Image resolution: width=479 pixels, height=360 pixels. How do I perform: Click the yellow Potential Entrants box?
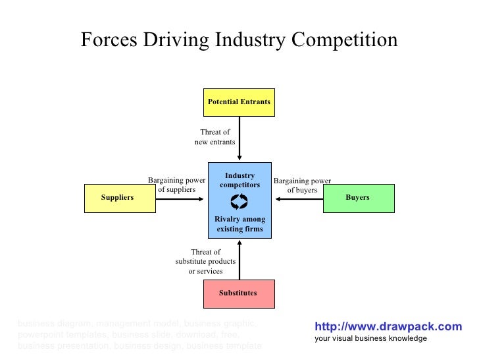[x=239, y=102]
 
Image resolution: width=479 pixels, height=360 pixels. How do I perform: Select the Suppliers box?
[x=120, y=198]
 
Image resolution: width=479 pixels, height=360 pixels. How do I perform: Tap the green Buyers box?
[x=359, y=198]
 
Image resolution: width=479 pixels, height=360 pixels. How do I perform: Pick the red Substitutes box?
[x=239, y=293]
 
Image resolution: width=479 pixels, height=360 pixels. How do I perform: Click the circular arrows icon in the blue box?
[x=239, y=202]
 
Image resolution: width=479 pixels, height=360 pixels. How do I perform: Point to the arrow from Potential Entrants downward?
[x=239, y=138]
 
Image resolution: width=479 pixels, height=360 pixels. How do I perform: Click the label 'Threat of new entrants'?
[x=214, y=137]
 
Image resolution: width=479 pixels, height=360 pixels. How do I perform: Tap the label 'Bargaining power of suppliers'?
[x=176, y=185]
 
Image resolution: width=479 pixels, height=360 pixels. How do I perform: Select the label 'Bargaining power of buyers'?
[x=302, y=185]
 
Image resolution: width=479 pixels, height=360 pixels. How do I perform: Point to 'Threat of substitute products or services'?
[x=205, y=262]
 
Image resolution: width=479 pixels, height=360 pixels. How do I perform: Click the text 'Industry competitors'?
[x=239, y=181]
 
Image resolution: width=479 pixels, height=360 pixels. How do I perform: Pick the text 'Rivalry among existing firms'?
[x=239, y=224]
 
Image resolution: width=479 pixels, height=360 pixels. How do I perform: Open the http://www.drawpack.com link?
[x=388, y=326]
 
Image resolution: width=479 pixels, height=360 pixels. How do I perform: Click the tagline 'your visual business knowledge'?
[x=370, y=338]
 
